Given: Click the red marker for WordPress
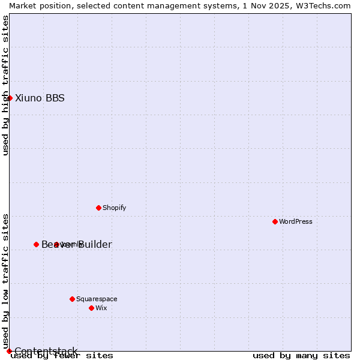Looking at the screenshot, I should (x=275, y=221).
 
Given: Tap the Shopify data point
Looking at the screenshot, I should (x=98, y=208).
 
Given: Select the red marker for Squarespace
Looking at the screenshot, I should (x=72, y=299).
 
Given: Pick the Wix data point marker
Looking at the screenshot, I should (x=91, y=308).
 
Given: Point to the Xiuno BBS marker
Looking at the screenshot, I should (x=10, y=98).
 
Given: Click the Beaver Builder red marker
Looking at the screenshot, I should (x=36, y=244).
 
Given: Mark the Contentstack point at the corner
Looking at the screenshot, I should (x=9, y=351).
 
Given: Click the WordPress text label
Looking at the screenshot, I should (x=296, y=221).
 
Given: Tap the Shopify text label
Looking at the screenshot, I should (x=114, y=208).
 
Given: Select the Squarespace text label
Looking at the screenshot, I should (x=97, y=299).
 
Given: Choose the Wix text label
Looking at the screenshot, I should (x=101, y=308).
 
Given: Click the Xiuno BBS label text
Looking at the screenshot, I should (x=40, y=98).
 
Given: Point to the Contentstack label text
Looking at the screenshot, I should (x=46, y=351).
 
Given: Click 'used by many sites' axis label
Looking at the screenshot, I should (x=301, y=356).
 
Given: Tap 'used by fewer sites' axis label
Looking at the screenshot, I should (x=62, y=356).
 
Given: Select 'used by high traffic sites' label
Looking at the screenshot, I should (x=5, y=85).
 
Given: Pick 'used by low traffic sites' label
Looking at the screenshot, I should (x=5, y=281).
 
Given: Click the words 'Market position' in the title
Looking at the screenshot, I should (x=37, y=5).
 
